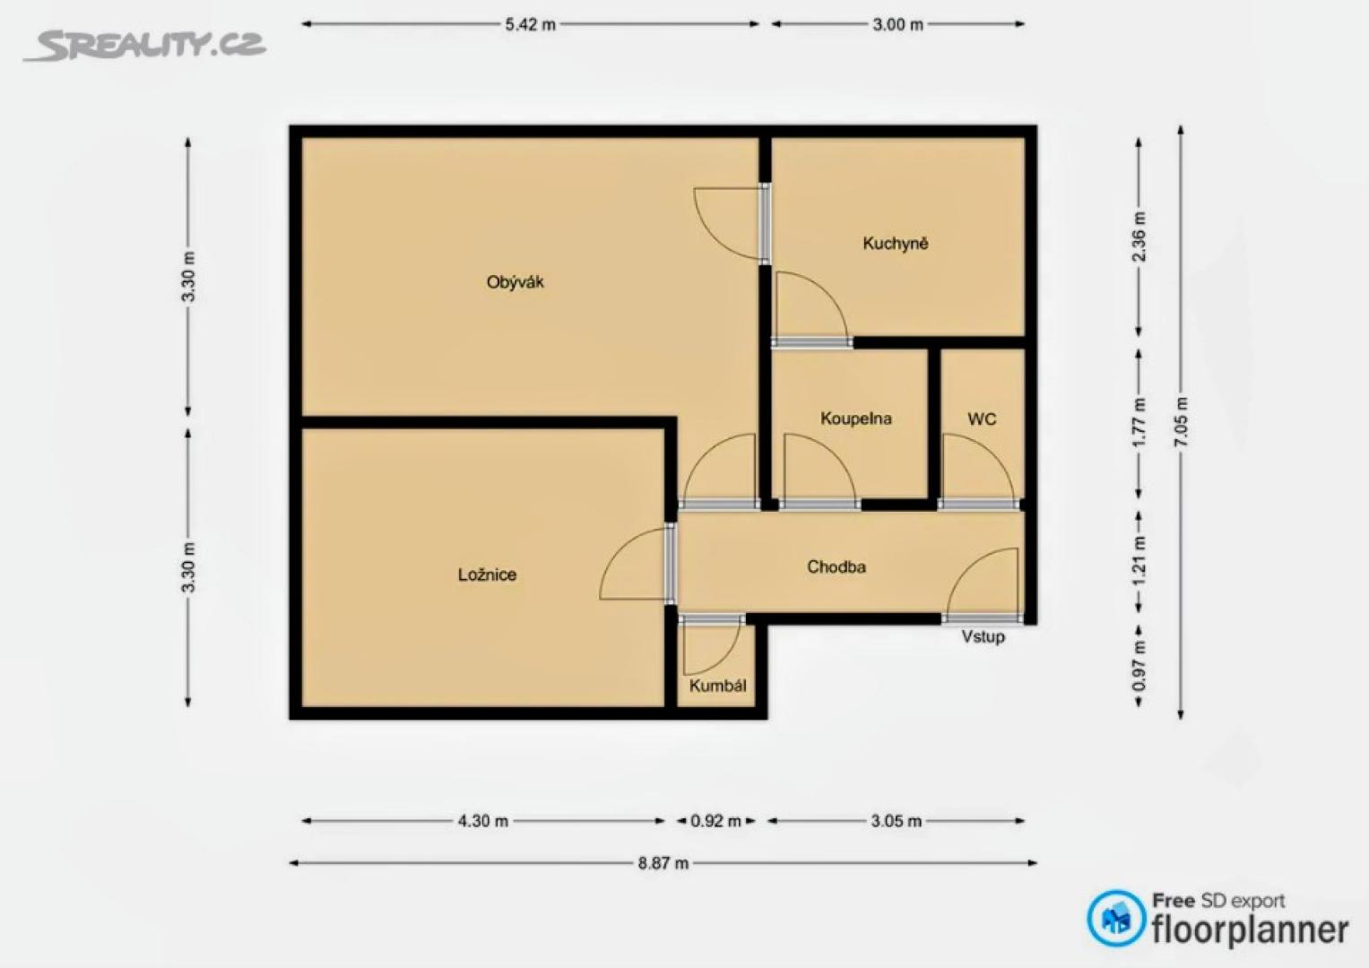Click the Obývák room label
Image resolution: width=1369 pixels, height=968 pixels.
pos(515,282)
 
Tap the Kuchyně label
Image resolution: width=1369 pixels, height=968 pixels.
pos(896,243)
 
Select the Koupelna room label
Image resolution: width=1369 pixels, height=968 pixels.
pos(855,419)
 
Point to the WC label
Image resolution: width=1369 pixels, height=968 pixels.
pos(982,419)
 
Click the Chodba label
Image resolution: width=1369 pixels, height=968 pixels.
pos(836,567)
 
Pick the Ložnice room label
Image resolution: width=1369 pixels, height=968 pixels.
pos(487,575)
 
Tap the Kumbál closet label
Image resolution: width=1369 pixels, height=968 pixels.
pos(717,686)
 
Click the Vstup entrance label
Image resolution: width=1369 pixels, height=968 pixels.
pos(983,636)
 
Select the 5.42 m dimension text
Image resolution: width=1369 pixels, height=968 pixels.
pos(530,25)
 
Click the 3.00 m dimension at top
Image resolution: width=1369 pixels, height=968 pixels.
pos(897,25)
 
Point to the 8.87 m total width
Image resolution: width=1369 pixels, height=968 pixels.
pos(663,863)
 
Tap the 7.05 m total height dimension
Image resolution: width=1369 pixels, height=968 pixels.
pos(1181,421)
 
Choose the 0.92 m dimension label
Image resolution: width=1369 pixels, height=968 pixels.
pos(715,821)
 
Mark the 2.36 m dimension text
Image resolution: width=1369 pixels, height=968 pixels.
pos(1139,237)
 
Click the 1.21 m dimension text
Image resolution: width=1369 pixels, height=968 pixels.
pos(1139,561)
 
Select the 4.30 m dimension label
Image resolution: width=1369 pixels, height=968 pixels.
pos(483,821)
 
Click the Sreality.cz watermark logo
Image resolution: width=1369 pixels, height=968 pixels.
pos(145,45)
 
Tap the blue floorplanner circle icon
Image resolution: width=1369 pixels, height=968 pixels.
pos(1116,918)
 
